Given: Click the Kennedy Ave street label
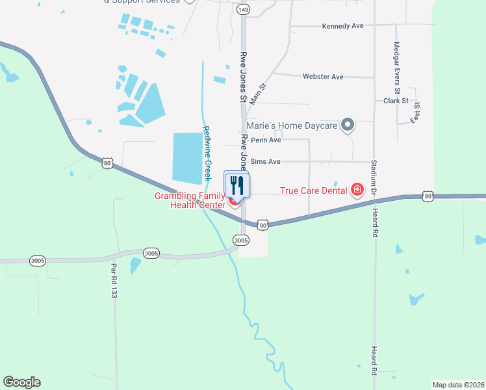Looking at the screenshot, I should [x=342, y=26].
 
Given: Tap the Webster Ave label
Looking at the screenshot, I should [x=323, y=77].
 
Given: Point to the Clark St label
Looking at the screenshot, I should [x=396, y=101].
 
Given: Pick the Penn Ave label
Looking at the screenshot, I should [x=266, y=140].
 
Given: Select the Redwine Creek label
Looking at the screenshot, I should [x=207, y=153].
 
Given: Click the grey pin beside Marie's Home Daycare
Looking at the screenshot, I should [x=348, y=124].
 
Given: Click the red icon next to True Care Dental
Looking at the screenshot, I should [x=357, y=190].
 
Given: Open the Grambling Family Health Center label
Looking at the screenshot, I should [x=189, y=201].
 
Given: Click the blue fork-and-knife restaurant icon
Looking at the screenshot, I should [x=237, y=185].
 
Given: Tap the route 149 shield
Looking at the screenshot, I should [x=242, y=10].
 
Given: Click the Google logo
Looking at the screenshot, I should [x=21, y=382].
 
